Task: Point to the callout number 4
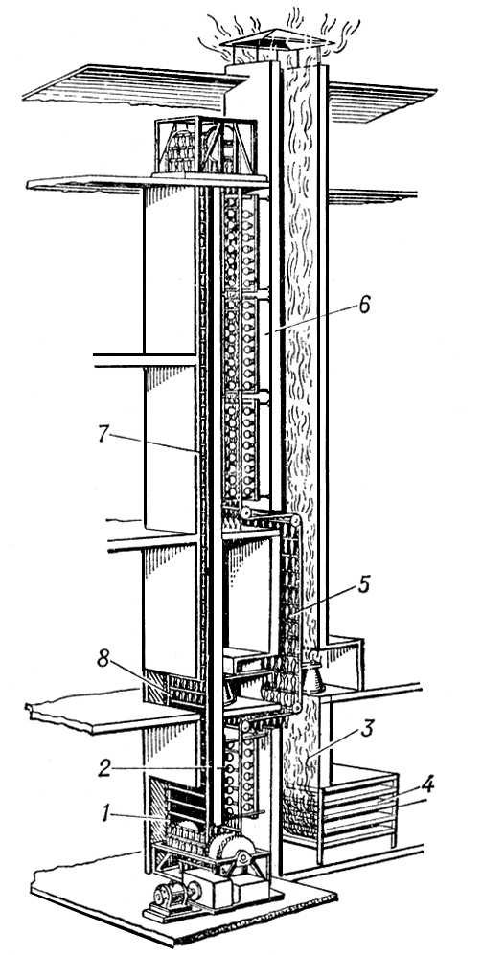(x=427, y=784)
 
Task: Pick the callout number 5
(x=364, y=583)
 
